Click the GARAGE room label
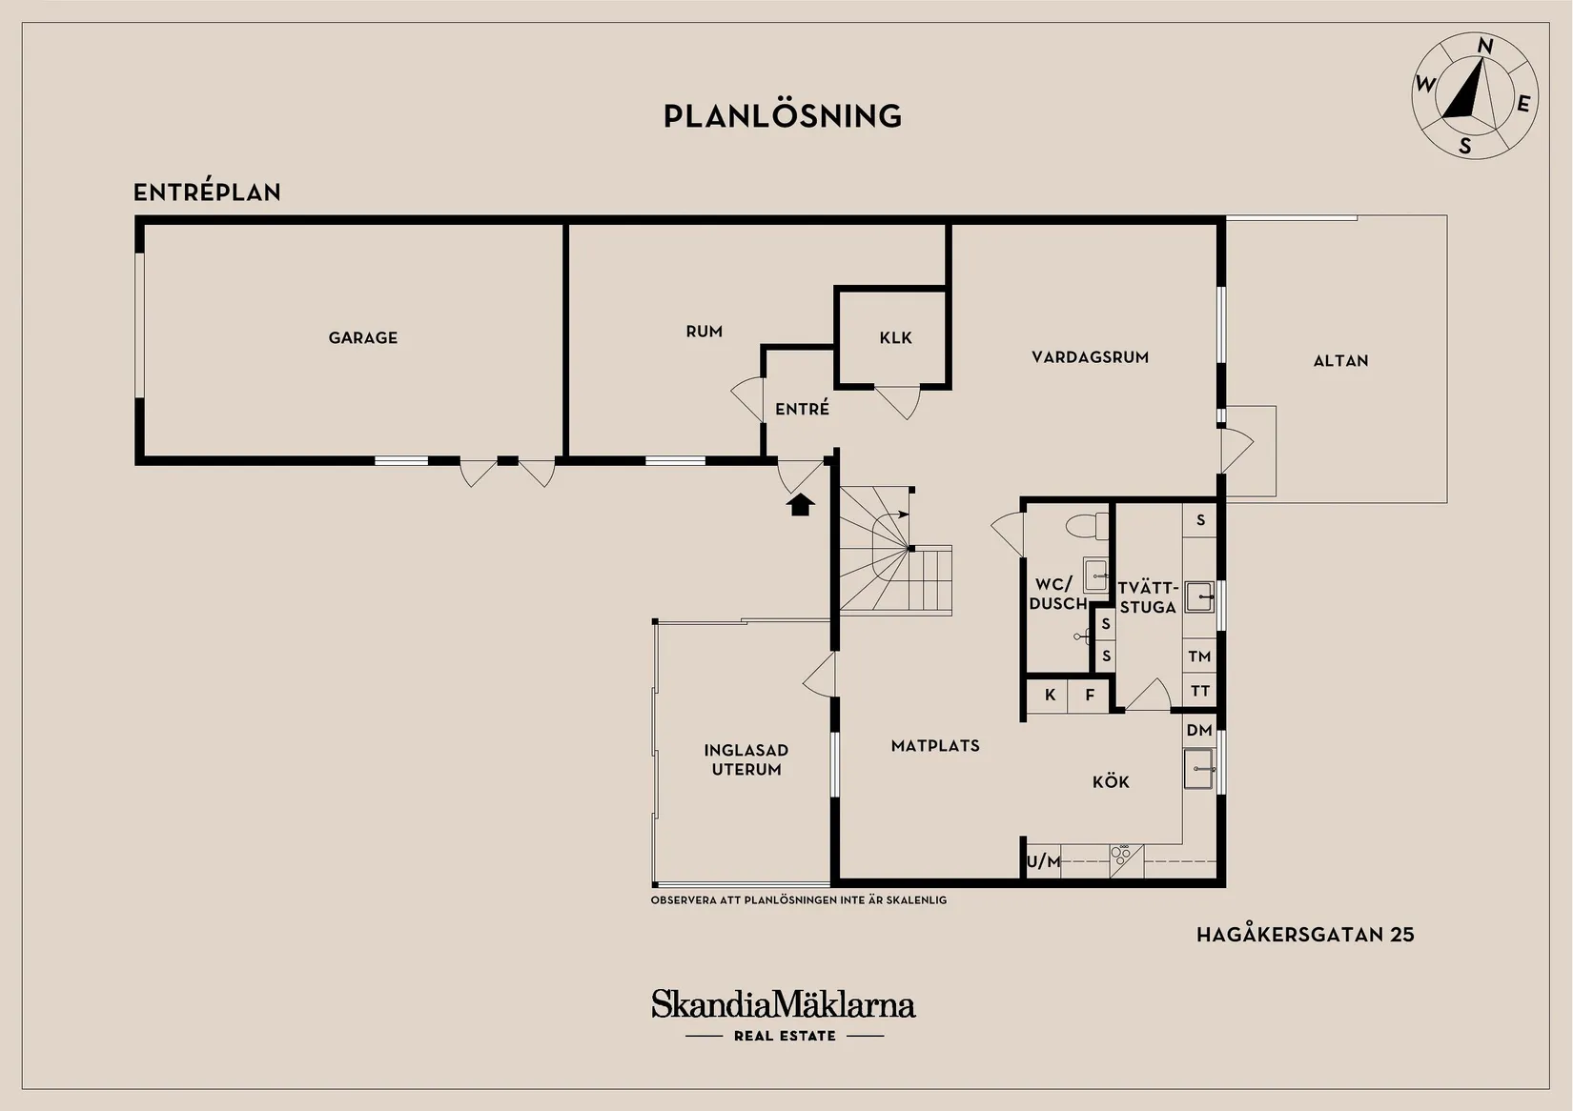pyautogui.click(x=362, y=337)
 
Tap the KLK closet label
pyautogui.click(x=895, y=337)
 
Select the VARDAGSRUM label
pyautogui.click(x=1090, y=357)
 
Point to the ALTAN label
pyautogui.click(x=1340, y=361)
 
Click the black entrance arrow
pyautogui.click(x=800, y=505)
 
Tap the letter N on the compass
pyautogui.click(x=1485, y=47)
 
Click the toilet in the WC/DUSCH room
pyautogui.click(x=1087, y=526)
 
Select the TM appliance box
pyautogui.click(x=1199, y=656)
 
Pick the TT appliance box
pyautogui.click(x=1199, y=692)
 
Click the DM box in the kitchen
pyautogui.click(x=1199, y=730)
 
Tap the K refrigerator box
pyautogui.click(x=1048, y=695)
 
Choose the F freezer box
pyautogui.click(x=1089, y=695)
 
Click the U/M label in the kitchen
pyautogui.click(x=1044, y=861)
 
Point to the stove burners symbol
pyautogui.click(x=1121, y=854)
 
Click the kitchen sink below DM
pyautogui.click(x=1199, y=769)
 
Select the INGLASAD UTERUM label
pyautogui.click(x=746, y=760)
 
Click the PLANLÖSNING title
pyautogui.click(x=783, y=116)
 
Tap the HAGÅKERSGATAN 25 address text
pyautogui.click(x=1305, y=935)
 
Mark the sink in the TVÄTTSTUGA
pyautogui.click(x=1199, y=597)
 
